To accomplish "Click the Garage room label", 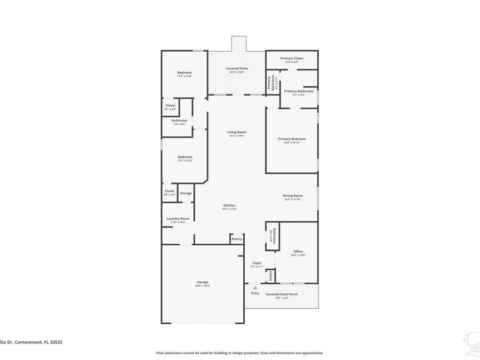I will coord(203,282).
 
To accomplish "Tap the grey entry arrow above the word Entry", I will coord(255,287).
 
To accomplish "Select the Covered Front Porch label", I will coord(282,294).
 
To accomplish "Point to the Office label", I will coord(298,252).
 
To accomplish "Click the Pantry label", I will coord(237,239).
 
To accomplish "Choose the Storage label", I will coord(186,193).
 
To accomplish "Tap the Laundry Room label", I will coord(178,219).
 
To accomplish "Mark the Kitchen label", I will coord(229,205).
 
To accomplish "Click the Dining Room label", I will coord(292,196).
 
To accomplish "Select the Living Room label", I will coord(237,132).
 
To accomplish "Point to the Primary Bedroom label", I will coord(292,139).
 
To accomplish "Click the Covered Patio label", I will coord(237,68).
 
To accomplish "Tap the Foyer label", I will coord(257,263).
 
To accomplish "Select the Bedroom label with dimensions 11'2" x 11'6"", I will coord(185,73).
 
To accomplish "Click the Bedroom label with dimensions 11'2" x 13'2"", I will coord(185,157).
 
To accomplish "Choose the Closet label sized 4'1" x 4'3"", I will coord(170,106).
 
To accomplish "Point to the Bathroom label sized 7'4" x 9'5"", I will coord(179,121).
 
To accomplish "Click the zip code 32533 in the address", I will coord(55,342).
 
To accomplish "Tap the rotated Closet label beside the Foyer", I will coord(271,276).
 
